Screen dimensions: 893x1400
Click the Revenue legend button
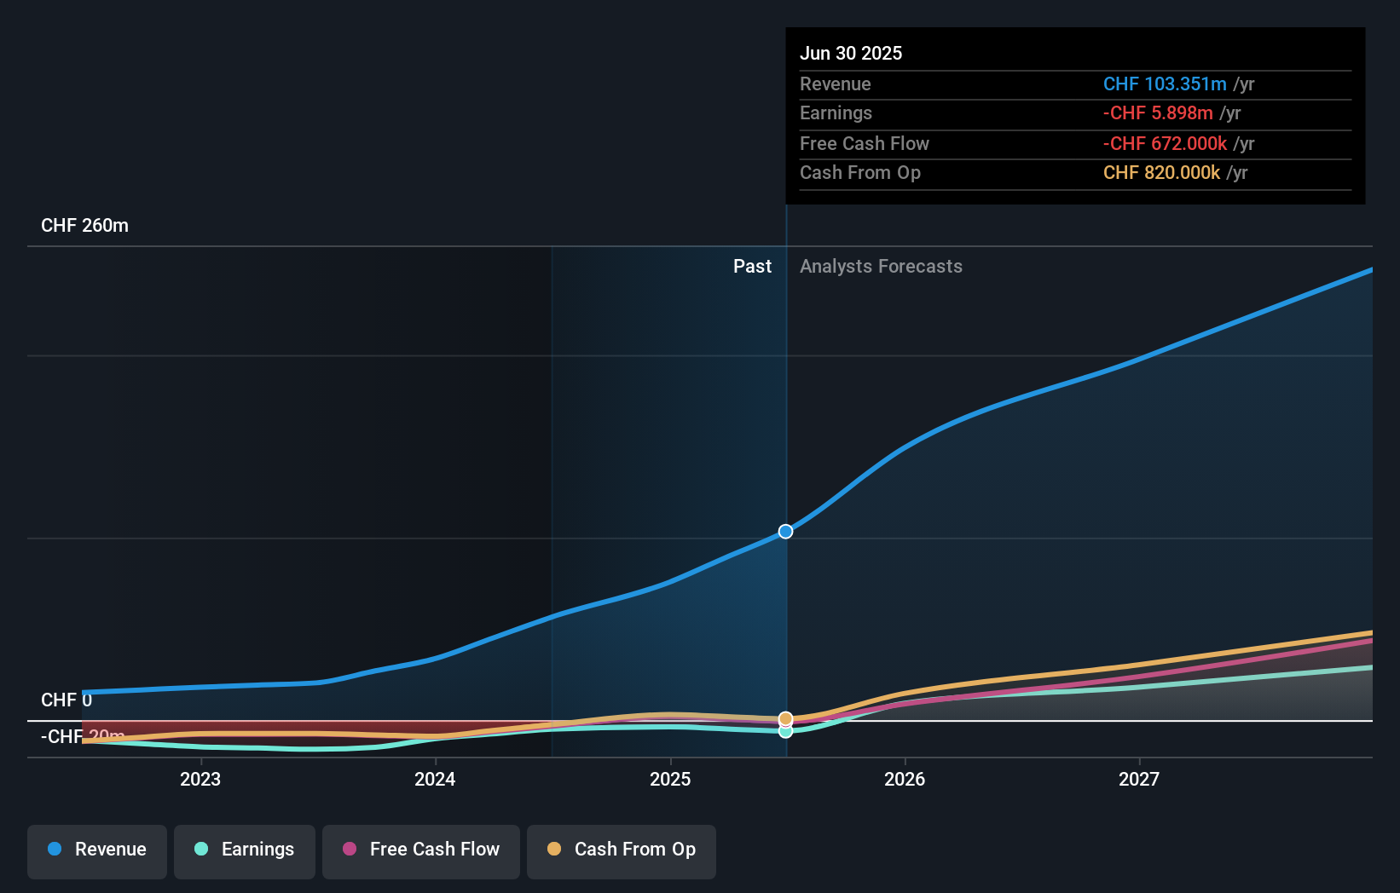(97, 850)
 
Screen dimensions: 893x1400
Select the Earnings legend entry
(245, 850)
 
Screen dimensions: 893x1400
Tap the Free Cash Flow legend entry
(421, 850)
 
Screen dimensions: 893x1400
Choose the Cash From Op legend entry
(622, 850)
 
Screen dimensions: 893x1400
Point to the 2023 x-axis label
(200, 779)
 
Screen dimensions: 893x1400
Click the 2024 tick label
(435, 779)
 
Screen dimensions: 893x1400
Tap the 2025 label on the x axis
(670, 779)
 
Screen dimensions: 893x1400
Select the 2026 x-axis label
(905, 779)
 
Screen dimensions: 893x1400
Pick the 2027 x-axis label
(1139, 779)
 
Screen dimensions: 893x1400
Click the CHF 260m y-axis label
(84, 226)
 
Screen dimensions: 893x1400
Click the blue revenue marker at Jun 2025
(785, 532)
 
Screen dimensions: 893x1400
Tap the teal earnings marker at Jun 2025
(785, 731)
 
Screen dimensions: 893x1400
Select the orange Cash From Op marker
(785, 718)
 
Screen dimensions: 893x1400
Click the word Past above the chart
(752, 267)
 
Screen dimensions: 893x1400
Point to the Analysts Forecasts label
(881, 267)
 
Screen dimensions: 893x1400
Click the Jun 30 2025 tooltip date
(851, 53)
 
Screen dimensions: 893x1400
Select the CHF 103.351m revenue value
(1165, 84)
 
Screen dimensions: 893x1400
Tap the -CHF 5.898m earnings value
(1158, 113)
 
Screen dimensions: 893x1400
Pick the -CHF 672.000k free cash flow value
(1165, 143)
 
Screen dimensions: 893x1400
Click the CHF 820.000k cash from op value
(1161, 173)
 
